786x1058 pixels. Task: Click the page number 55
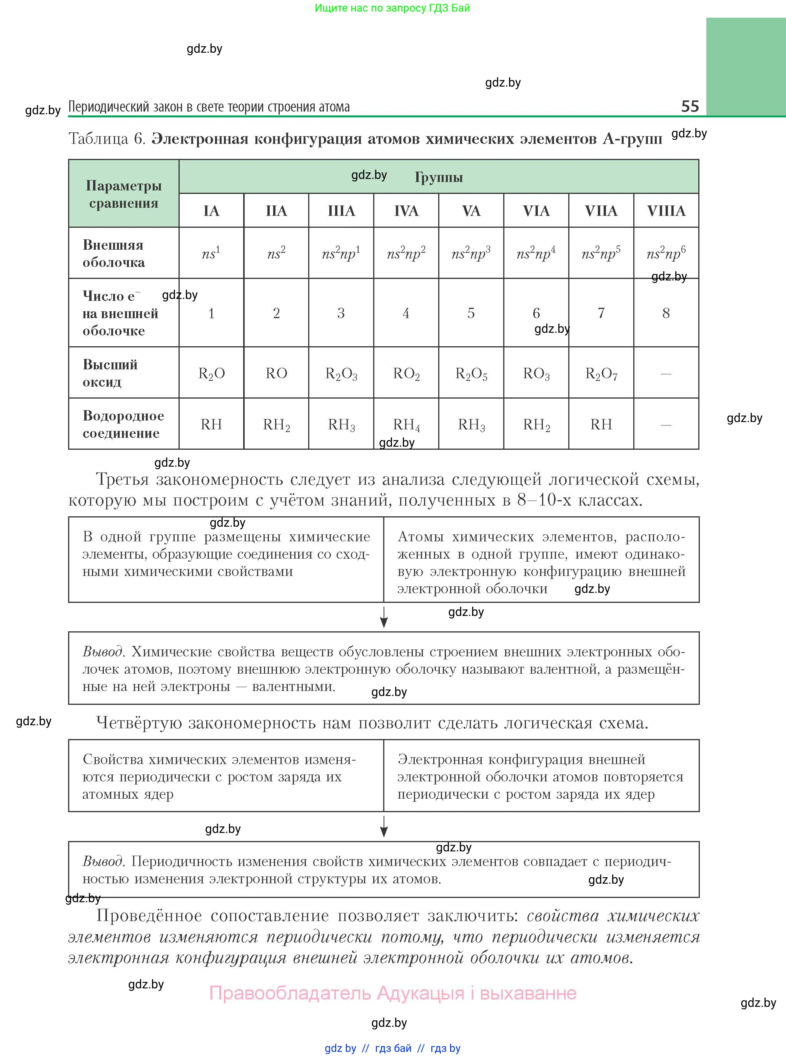690,106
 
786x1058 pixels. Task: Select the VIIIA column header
666,211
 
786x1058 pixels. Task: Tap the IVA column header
406,211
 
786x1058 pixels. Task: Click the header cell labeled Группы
438,177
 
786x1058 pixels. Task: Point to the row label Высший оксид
110,373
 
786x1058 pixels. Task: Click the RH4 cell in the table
406,424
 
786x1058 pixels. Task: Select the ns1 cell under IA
211,253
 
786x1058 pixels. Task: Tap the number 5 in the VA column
471,313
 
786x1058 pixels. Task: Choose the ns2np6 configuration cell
666,253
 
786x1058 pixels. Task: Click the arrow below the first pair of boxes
384,617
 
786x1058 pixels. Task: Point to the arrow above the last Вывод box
384,826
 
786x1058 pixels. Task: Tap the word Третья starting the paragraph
122,479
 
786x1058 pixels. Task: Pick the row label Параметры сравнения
124,194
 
